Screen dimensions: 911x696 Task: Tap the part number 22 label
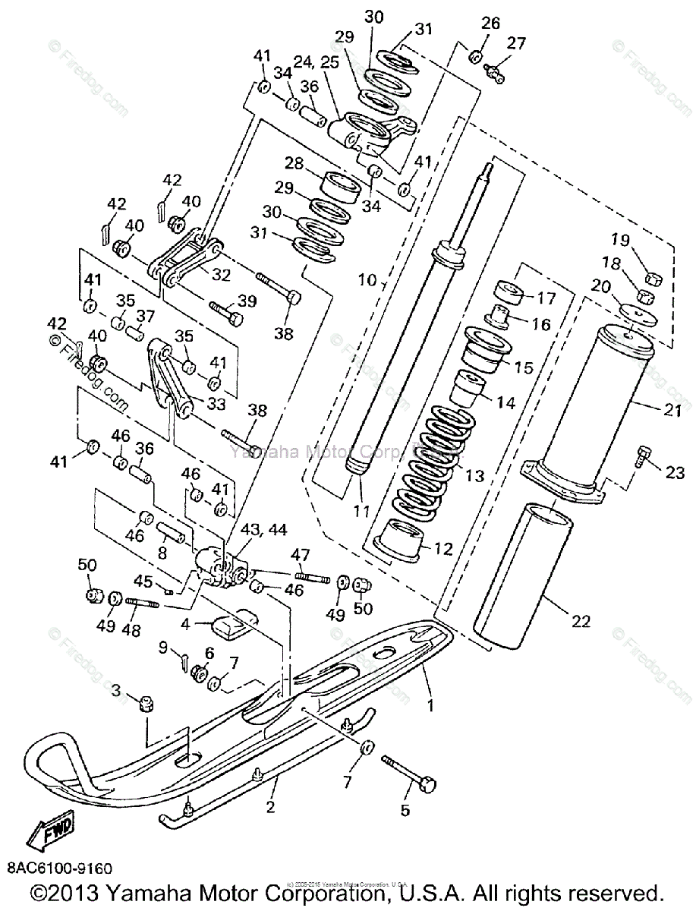tap(580, 621)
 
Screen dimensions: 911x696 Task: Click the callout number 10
tap(367, 280)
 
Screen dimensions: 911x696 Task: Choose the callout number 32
tap(221, 275)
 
